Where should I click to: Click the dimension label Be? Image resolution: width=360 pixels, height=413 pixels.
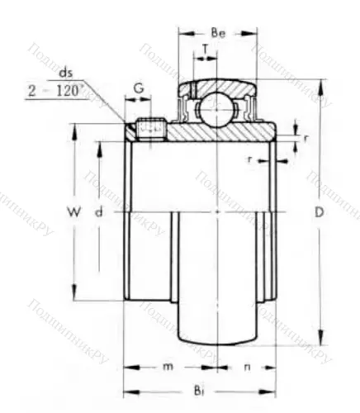coord(219,34)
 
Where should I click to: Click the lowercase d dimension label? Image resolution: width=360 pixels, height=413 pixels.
coord(98,212)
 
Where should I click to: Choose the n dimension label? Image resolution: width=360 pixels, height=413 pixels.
coord(246,366)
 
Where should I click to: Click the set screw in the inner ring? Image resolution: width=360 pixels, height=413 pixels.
coord(150,130)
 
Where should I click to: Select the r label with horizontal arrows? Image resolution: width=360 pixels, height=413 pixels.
coord(250,156)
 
